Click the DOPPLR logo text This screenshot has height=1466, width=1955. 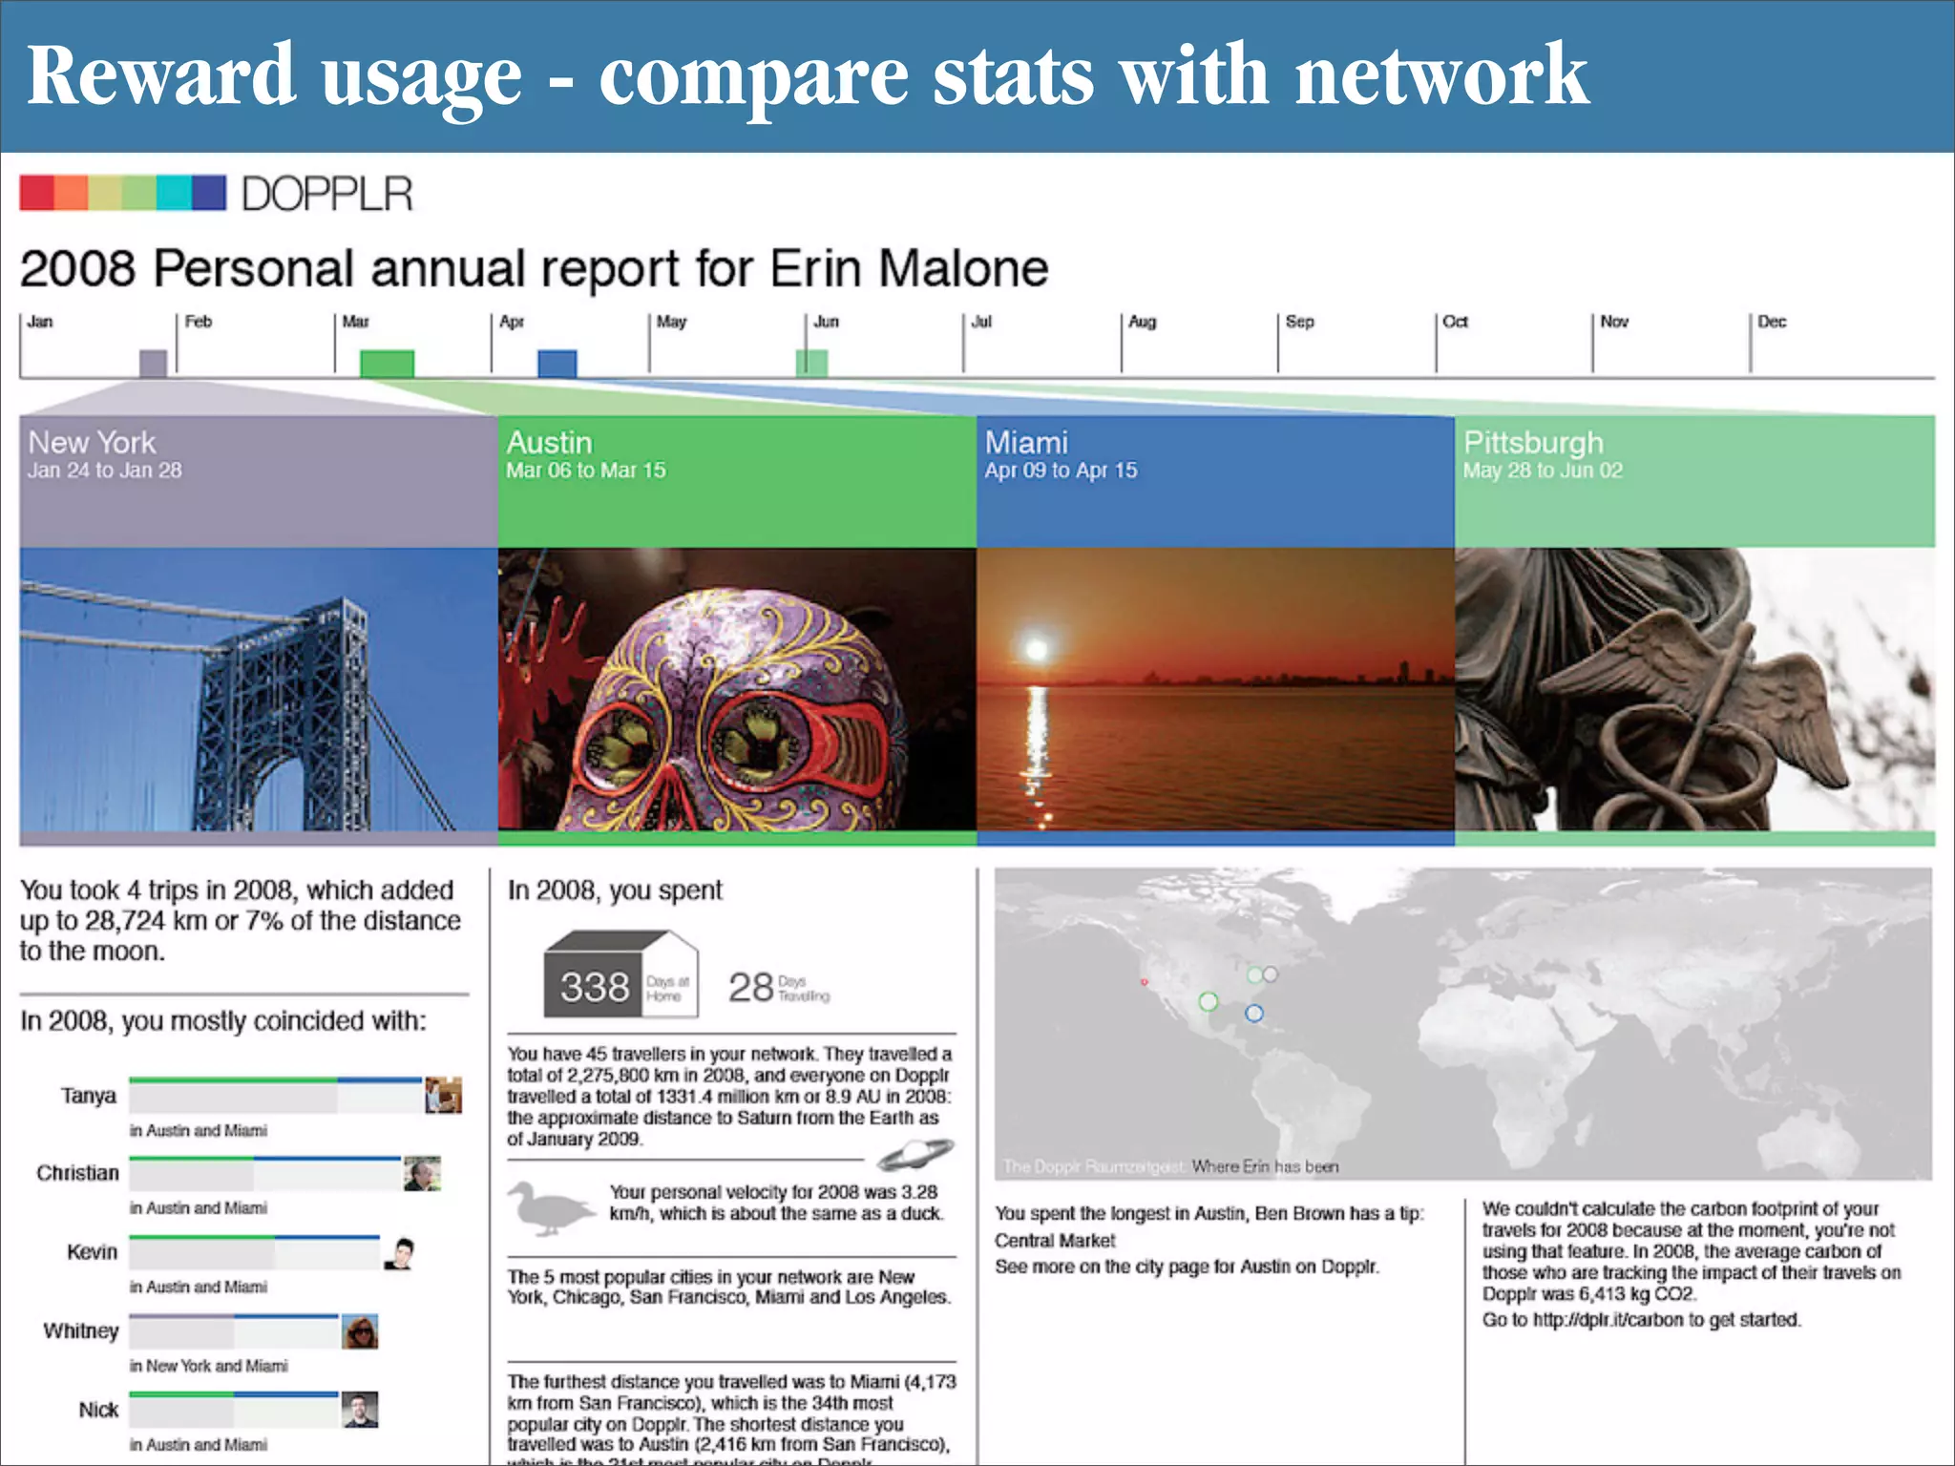click(x=326, y=194)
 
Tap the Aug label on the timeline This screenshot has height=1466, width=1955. click(x=1142, y=322)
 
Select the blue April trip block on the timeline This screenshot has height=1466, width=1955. click(x=557, y=364)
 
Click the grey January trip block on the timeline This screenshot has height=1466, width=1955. click(x=153, y=364)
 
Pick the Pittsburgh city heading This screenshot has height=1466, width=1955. click(x=1533, y=443)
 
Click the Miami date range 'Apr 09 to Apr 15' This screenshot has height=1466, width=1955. click(x=1061, y=471)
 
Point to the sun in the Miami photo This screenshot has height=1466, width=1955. click(x=1036, y=650)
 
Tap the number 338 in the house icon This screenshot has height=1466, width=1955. click(x=595, y=987)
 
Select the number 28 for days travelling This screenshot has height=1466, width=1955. click(x=750, y=987)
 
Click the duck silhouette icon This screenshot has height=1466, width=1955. click(x=548, y=1208)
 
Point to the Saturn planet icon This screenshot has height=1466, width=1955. click(x=914, y=1155)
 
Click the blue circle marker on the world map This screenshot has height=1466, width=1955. click(x=1254, y=1013)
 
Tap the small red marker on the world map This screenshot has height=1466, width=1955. click(x=1144, y=982)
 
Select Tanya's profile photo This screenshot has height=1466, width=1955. click(x=443, y=1095)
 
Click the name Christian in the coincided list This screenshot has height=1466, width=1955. click(x=78, y=1173)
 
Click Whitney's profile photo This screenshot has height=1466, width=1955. click(x=360, y=1331)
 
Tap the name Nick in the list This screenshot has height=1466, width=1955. click(x=98, y=1410)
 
